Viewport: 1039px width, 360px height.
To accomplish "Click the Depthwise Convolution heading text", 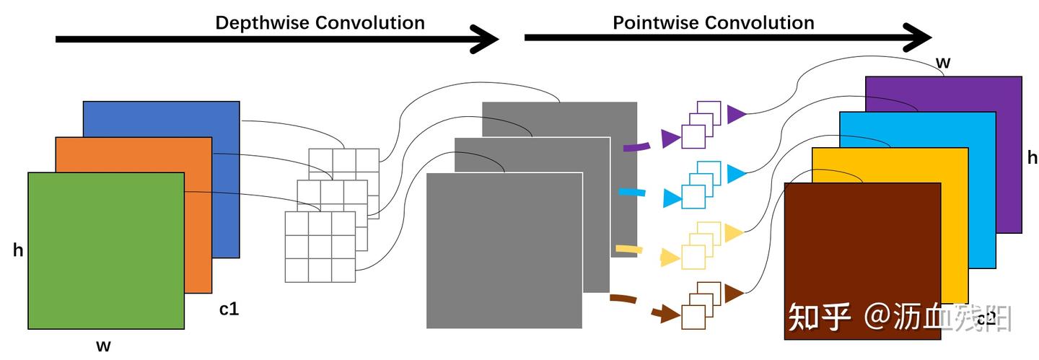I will [320, 22].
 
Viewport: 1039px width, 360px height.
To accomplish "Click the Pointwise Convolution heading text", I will [713, 22].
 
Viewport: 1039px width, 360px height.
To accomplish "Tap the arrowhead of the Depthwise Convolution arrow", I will [485, 39].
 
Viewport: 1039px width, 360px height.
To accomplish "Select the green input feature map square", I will [106, 250].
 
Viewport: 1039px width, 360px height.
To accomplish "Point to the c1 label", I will [229, 309].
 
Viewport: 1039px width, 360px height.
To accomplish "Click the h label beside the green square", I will [18, 250].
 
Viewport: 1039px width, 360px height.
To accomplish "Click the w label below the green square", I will [104, 346].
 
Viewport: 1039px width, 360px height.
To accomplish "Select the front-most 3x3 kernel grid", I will [320, 247].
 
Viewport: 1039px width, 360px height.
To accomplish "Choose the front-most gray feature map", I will [504, 250].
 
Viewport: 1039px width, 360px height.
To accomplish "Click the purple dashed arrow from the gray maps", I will [637, 146].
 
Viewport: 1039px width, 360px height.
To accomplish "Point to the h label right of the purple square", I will [1032, 158].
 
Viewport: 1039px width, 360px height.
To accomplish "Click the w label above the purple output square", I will [942, 63].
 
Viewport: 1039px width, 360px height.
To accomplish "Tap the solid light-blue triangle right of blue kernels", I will [735, 173].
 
